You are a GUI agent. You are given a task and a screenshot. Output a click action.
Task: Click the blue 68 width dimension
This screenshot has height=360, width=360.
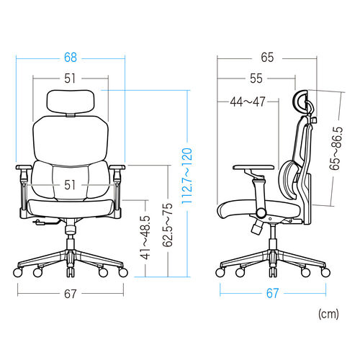71,58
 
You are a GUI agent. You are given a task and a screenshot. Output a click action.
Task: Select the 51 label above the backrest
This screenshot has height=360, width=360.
70,78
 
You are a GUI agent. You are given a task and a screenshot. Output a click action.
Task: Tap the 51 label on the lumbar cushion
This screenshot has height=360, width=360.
70,185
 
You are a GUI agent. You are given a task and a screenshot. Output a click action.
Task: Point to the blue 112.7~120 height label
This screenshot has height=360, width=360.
187,176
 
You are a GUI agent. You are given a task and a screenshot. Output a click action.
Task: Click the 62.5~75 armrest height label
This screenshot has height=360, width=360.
168,225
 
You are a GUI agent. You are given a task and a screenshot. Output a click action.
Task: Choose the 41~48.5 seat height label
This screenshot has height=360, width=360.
145,238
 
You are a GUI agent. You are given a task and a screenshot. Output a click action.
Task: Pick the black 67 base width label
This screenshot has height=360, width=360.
71,294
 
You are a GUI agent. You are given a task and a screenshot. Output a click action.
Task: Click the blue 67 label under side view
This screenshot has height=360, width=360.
273,293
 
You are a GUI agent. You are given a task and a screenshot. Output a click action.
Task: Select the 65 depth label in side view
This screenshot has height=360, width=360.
267,58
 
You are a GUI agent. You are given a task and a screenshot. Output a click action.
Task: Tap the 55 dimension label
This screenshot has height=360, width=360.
256,78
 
